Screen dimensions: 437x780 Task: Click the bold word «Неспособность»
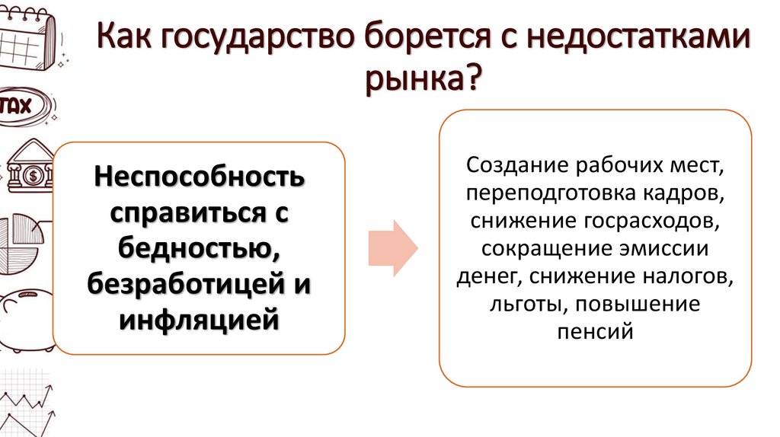pos(200,178)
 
